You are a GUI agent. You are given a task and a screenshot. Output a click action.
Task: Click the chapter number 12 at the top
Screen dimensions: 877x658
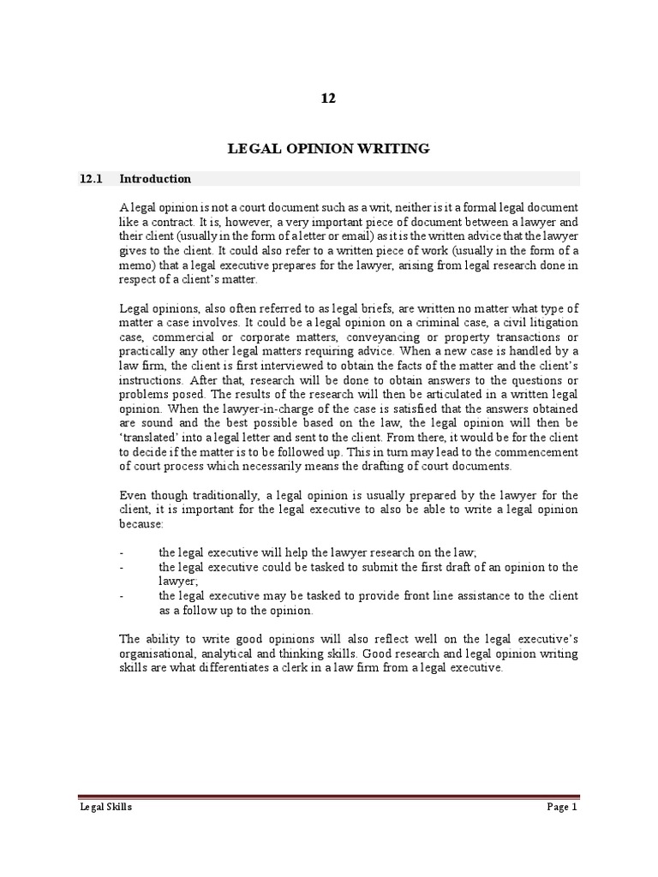pos(328,98)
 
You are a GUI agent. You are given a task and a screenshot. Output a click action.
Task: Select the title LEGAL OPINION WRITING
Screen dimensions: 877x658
pos(328,149)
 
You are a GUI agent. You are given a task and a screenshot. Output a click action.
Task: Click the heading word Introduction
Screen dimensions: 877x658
pos(155,179)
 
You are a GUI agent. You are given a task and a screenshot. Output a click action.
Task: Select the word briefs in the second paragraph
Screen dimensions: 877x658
pos(345,307)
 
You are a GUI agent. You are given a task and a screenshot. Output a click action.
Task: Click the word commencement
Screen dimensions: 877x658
pos(532,452)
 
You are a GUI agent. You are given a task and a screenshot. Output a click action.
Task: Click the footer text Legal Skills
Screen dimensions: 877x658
pos(100,808)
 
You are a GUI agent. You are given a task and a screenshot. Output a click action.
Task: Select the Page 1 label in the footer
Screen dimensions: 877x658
pos(562,808)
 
